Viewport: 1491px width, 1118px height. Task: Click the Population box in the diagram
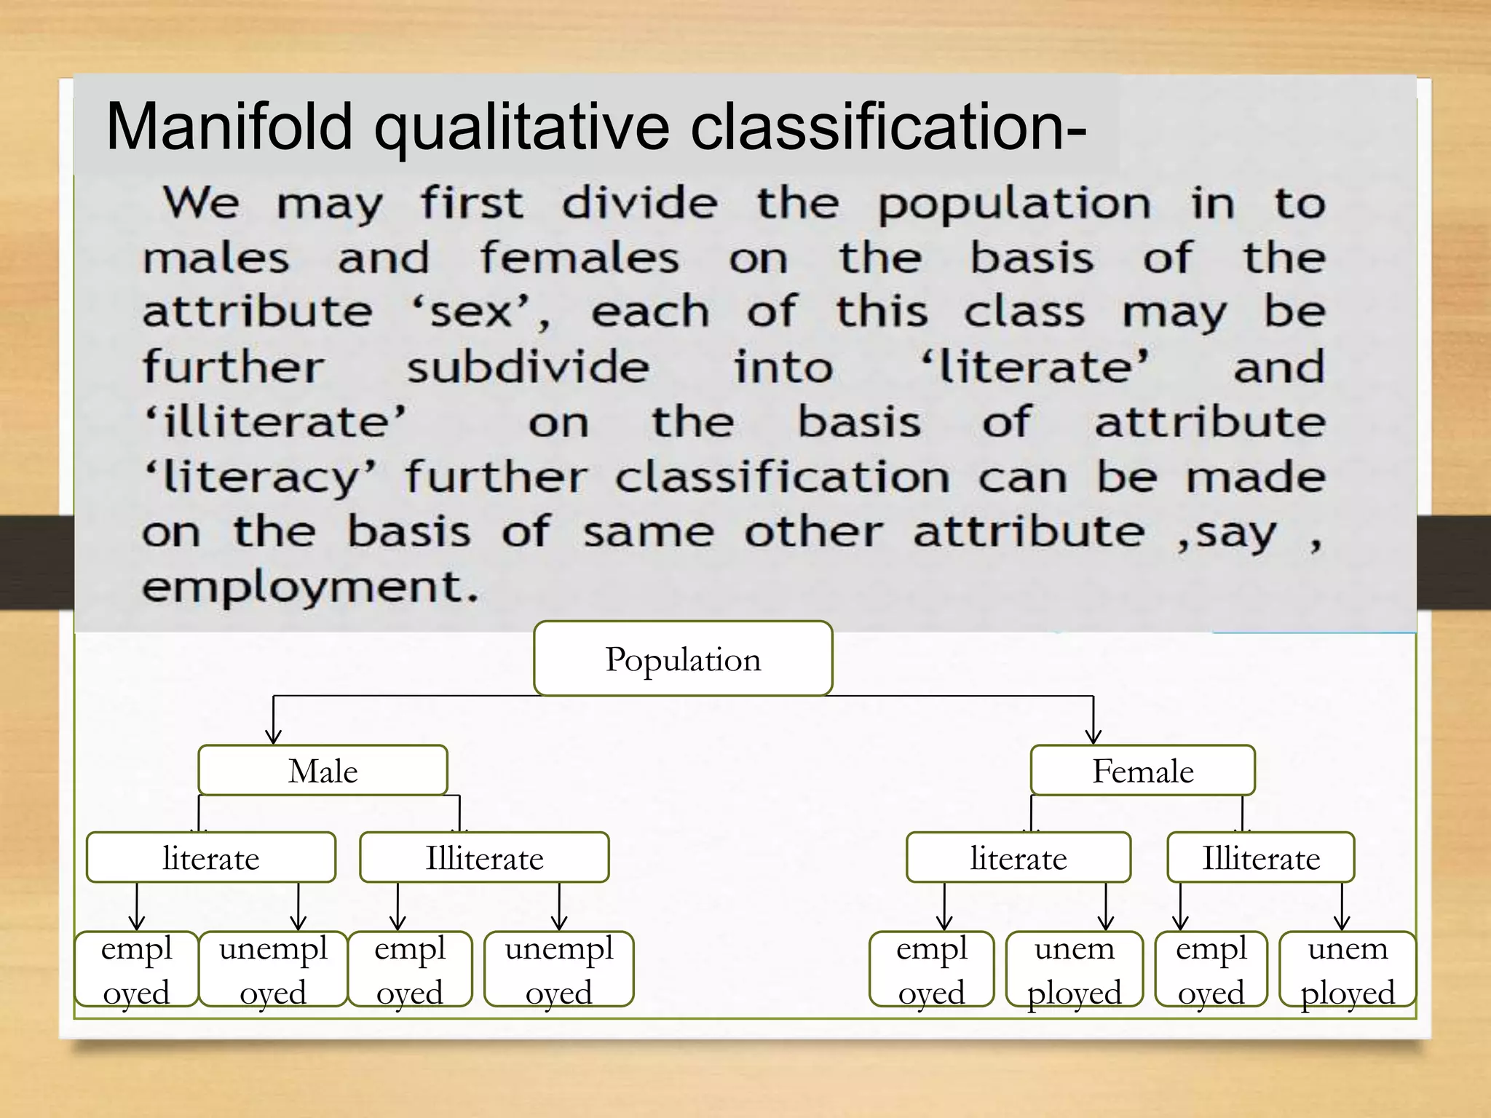coord(683,659)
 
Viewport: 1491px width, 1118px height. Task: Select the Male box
coord(323,770)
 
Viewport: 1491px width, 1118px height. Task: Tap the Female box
coord(1142,770)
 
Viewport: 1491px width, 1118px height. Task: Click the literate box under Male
coord(211,857)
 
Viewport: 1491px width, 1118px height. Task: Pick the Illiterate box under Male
coord(484,857)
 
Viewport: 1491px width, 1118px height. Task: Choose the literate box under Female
coord(1019,857)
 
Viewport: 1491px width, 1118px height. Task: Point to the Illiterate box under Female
coord(1261,857)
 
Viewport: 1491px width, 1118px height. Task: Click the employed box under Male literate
coord(137,970)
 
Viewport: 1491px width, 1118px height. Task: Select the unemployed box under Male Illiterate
coord(559,970)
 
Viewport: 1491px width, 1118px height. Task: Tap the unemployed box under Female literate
coord(1075,970)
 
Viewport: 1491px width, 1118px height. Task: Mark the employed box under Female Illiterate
coord(1211,970)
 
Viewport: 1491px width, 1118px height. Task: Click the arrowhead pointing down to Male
coord(274,737)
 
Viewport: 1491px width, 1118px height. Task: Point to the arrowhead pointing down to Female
coord(1093,737)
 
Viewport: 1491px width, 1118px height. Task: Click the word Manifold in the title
coord(229,127)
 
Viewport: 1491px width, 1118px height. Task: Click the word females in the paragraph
coord(580,258)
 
